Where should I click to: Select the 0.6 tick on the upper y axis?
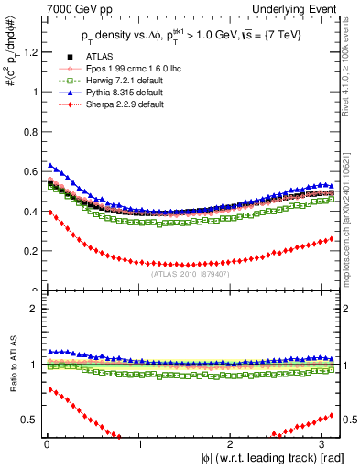27,171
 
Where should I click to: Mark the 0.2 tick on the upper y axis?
27,251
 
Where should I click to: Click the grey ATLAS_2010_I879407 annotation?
190,272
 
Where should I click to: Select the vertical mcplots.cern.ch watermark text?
352,211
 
